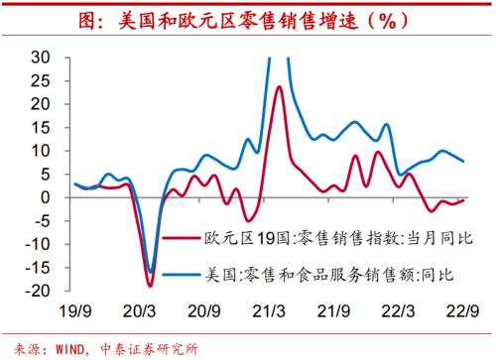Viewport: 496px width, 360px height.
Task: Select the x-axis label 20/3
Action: point(139,308)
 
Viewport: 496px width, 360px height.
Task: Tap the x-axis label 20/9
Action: point(203,308)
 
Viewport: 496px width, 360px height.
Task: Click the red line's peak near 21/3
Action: point(280,87)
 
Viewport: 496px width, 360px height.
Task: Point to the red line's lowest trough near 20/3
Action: point(150,286)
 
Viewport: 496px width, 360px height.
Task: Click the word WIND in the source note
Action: point(64,346)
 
